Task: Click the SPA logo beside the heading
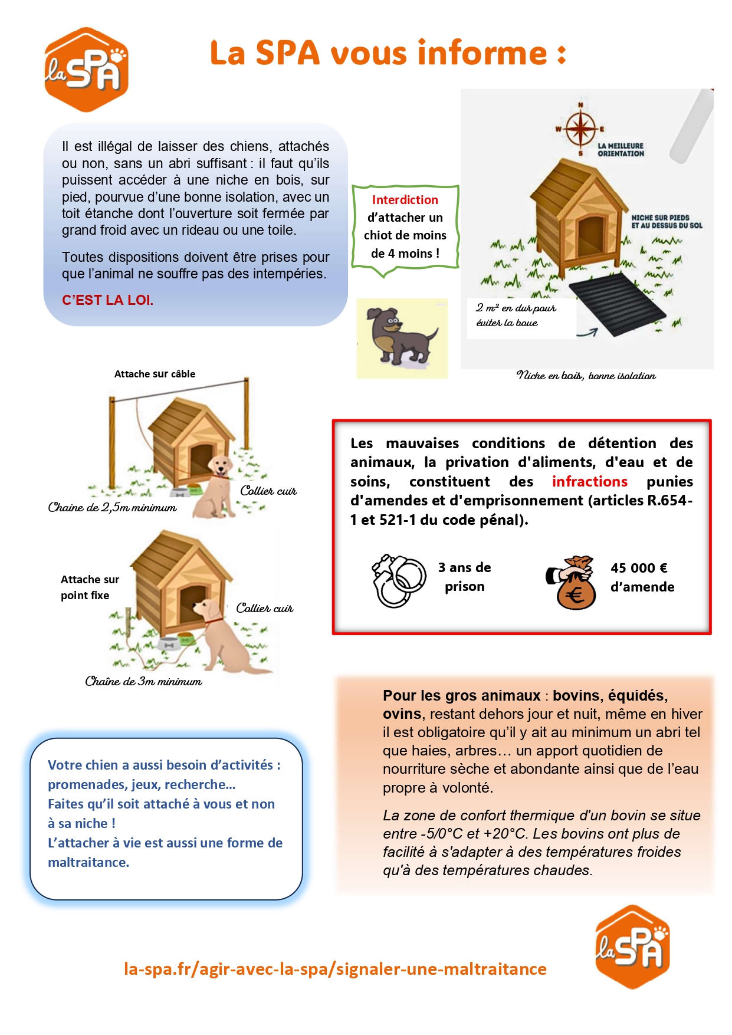[x=86, y=70]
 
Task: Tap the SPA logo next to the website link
[x=632, y=946]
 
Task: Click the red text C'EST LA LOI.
[x=107, y=300]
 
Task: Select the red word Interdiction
[x=405, y=200]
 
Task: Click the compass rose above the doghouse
[x=580, y=128]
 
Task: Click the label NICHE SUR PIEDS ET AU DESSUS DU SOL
[x=667, y=222]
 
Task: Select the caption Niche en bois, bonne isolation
[x=586, y=376]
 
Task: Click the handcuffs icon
[x=398, y=580]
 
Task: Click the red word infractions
[x=589, y=482]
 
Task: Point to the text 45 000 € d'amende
[x=642, y=577]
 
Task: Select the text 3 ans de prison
[x=464, y=577]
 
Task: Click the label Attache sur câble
[x=155, y=374]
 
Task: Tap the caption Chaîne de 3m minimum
[x=143, y=682]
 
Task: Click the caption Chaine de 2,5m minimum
[x=112, y=508]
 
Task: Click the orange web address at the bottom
[x=335, y=969]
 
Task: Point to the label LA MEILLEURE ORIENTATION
[x=621, y=150]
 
